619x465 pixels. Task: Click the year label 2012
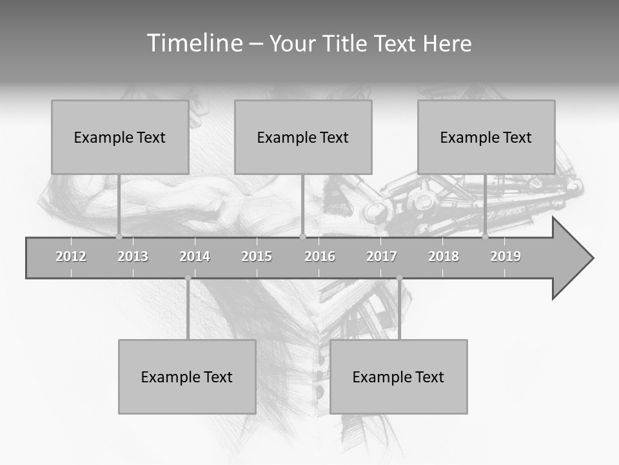[71, 256]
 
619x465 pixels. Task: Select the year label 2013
[133, 256]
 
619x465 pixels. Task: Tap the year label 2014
[195, 256]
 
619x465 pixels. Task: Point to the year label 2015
[257, 256]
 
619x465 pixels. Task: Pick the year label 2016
[320, 256]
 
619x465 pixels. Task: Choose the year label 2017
[382, 256]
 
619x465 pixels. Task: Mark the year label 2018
[444, 256]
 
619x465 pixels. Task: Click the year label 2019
[506, 256]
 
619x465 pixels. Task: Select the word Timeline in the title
[193, 43]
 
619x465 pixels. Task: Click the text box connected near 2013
[120, 137]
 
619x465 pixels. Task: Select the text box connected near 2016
[303, 137]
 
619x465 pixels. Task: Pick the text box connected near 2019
[486, 137]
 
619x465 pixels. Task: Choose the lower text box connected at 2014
[187, 377]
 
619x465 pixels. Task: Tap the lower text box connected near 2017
[398, 377]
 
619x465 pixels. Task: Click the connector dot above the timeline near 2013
[119, 236]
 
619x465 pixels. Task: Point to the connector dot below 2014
[188, 278]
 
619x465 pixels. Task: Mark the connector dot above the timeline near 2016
[302, 236]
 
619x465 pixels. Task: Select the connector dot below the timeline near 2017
[399, 278]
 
